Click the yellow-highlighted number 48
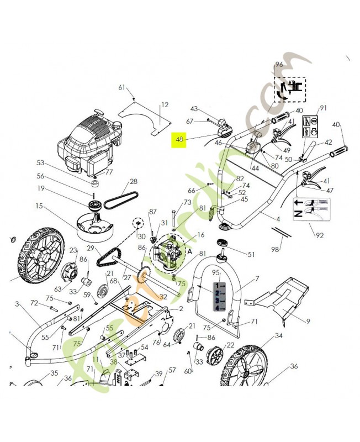178,140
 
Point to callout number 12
165,105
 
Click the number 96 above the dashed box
278,65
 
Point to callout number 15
39,207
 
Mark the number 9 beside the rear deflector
308,320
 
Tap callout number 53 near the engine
40,163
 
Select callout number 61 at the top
122,87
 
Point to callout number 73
188,203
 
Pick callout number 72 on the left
34,303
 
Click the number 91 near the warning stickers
324,108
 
